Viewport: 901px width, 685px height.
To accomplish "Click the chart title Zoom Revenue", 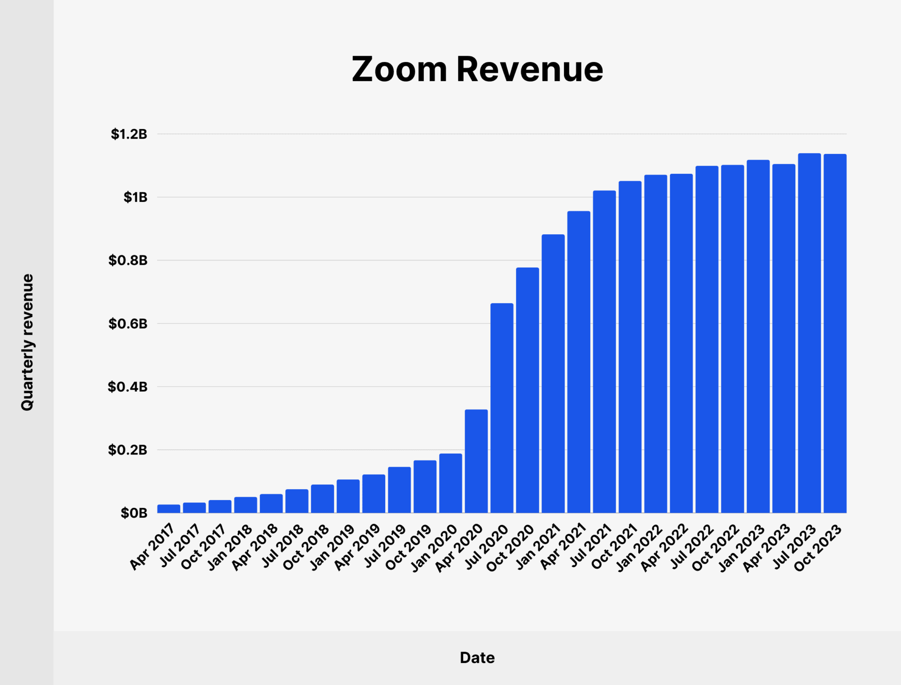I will pos(477,69).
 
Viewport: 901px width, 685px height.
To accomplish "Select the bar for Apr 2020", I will pos(476,461).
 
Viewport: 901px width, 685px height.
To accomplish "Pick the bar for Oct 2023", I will pos(835,333).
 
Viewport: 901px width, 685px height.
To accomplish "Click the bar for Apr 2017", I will pos(168,508).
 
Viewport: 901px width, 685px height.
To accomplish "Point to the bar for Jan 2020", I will pos(450,483).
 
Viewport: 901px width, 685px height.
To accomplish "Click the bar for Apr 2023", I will pos(784,338).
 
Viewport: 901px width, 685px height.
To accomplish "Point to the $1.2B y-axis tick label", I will pos(129,134).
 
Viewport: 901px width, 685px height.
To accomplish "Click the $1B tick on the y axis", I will pos(135,197).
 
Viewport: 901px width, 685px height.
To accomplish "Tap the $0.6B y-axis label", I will pos(128,323).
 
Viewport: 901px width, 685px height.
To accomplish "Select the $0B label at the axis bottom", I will pos(134,513).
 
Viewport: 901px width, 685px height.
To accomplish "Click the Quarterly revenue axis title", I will pos(27,342).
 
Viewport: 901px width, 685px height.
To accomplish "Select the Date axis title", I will pos(477,658).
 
